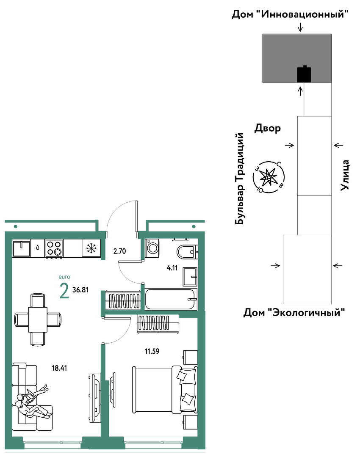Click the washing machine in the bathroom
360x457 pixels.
tap(152, 248)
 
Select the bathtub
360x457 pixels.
tap(171, 299)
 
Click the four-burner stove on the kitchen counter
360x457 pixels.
tap(54, 248)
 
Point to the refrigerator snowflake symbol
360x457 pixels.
tap(91, 248)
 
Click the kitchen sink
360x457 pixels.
tap(21, 248)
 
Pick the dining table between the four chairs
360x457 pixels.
tap(38, 319)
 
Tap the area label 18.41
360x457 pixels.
tap(60, 368)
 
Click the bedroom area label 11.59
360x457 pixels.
tap(152, 351)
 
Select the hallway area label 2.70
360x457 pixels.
tap(119, 251)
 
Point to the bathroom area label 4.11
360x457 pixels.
tap(172, 268)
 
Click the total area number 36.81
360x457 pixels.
tap(80, 290)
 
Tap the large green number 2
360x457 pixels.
tap(64, 291)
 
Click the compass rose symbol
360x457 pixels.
tap(269, 177)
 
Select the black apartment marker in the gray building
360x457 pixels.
tap(304, 74)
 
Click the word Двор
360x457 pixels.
tap(268, 128)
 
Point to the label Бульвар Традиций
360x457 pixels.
tap(239, 179)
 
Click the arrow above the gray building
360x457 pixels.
tap(300, 28)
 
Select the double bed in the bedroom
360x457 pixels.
tap(165, 390)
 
